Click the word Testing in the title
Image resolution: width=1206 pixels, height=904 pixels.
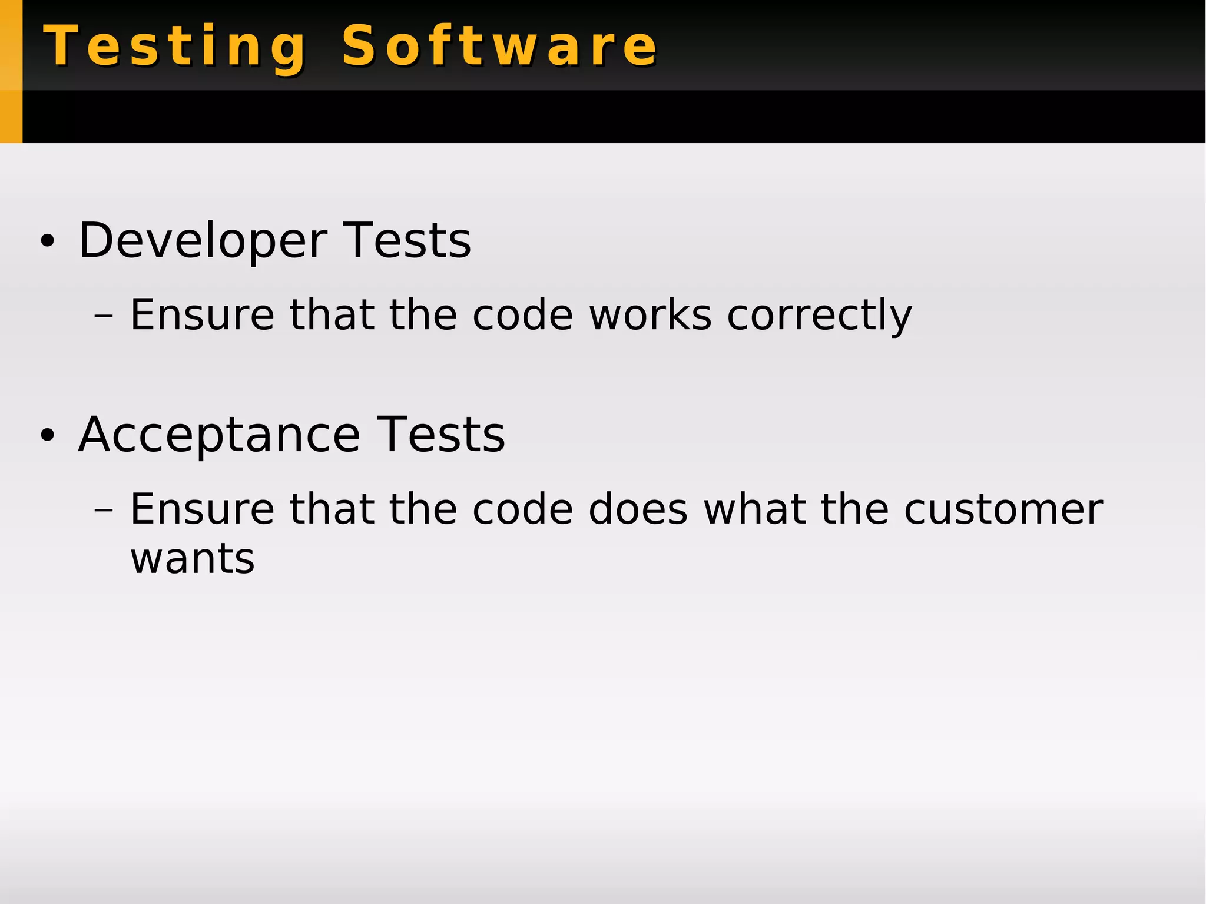(x=175, y=47)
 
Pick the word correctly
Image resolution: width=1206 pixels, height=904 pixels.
(x=819, y=316)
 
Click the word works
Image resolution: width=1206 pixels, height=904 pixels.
(x=650, y=314)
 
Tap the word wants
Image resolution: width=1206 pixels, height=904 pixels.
(x=193, y=558)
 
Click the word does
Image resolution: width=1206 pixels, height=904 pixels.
(x=638, y=509)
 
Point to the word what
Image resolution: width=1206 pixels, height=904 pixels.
(x=754, y=509)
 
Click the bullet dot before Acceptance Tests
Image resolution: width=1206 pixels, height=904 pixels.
(x=47, y=436)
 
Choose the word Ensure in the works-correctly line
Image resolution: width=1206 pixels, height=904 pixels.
(x=202, y=314)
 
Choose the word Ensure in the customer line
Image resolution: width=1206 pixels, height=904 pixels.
(x=202, y=509)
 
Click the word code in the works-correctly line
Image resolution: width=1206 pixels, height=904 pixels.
(x=523, y=314)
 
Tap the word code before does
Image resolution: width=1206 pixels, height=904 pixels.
(x=523, y=509)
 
